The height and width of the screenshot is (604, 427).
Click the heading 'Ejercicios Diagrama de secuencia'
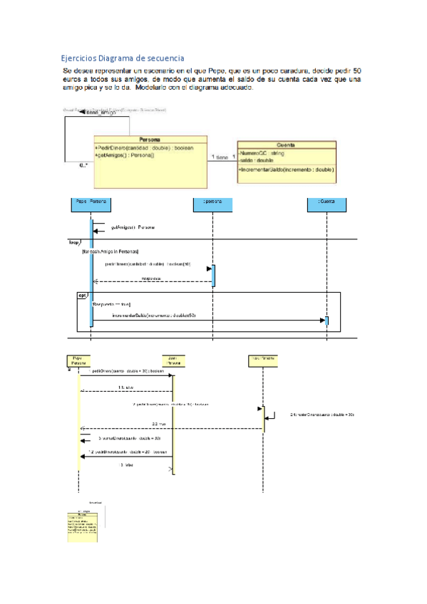(x=122, y=58)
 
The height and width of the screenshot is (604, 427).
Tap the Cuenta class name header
(x=287, y=145)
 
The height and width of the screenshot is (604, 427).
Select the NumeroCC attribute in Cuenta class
(x=262, y=153)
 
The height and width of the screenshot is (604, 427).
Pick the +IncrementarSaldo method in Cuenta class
(x=287, y=170)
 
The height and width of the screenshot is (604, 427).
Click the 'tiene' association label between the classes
(x=222, y=157)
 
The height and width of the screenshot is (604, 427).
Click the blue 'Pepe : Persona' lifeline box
(x=91, y=202)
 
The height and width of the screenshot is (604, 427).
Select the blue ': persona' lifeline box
(x=212, y=202)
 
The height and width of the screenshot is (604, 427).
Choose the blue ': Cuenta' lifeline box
(x=327, y=202)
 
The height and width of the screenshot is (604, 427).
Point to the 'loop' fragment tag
(x=73, y=242)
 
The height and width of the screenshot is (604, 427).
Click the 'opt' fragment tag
(x=83, y=295)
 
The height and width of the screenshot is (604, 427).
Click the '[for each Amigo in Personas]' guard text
(x=110, y=251)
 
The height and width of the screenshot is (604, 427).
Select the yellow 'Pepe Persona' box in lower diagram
(x=78, y=360)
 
